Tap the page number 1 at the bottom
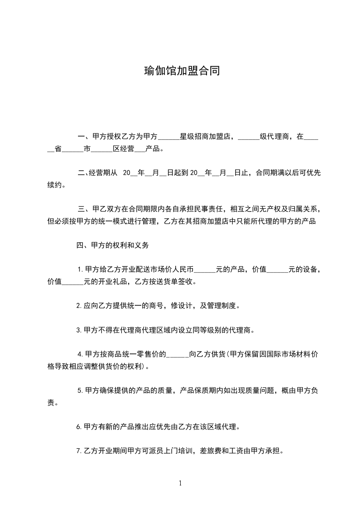[x=180, y=483]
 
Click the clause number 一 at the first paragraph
[x=81, y=136]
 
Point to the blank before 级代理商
[x=248, y=136]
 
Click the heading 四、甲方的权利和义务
[x=110, y=245]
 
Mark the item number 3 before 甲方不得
[x=79, y=330]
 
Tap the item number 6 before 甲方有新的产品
[x=79, y=427]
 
